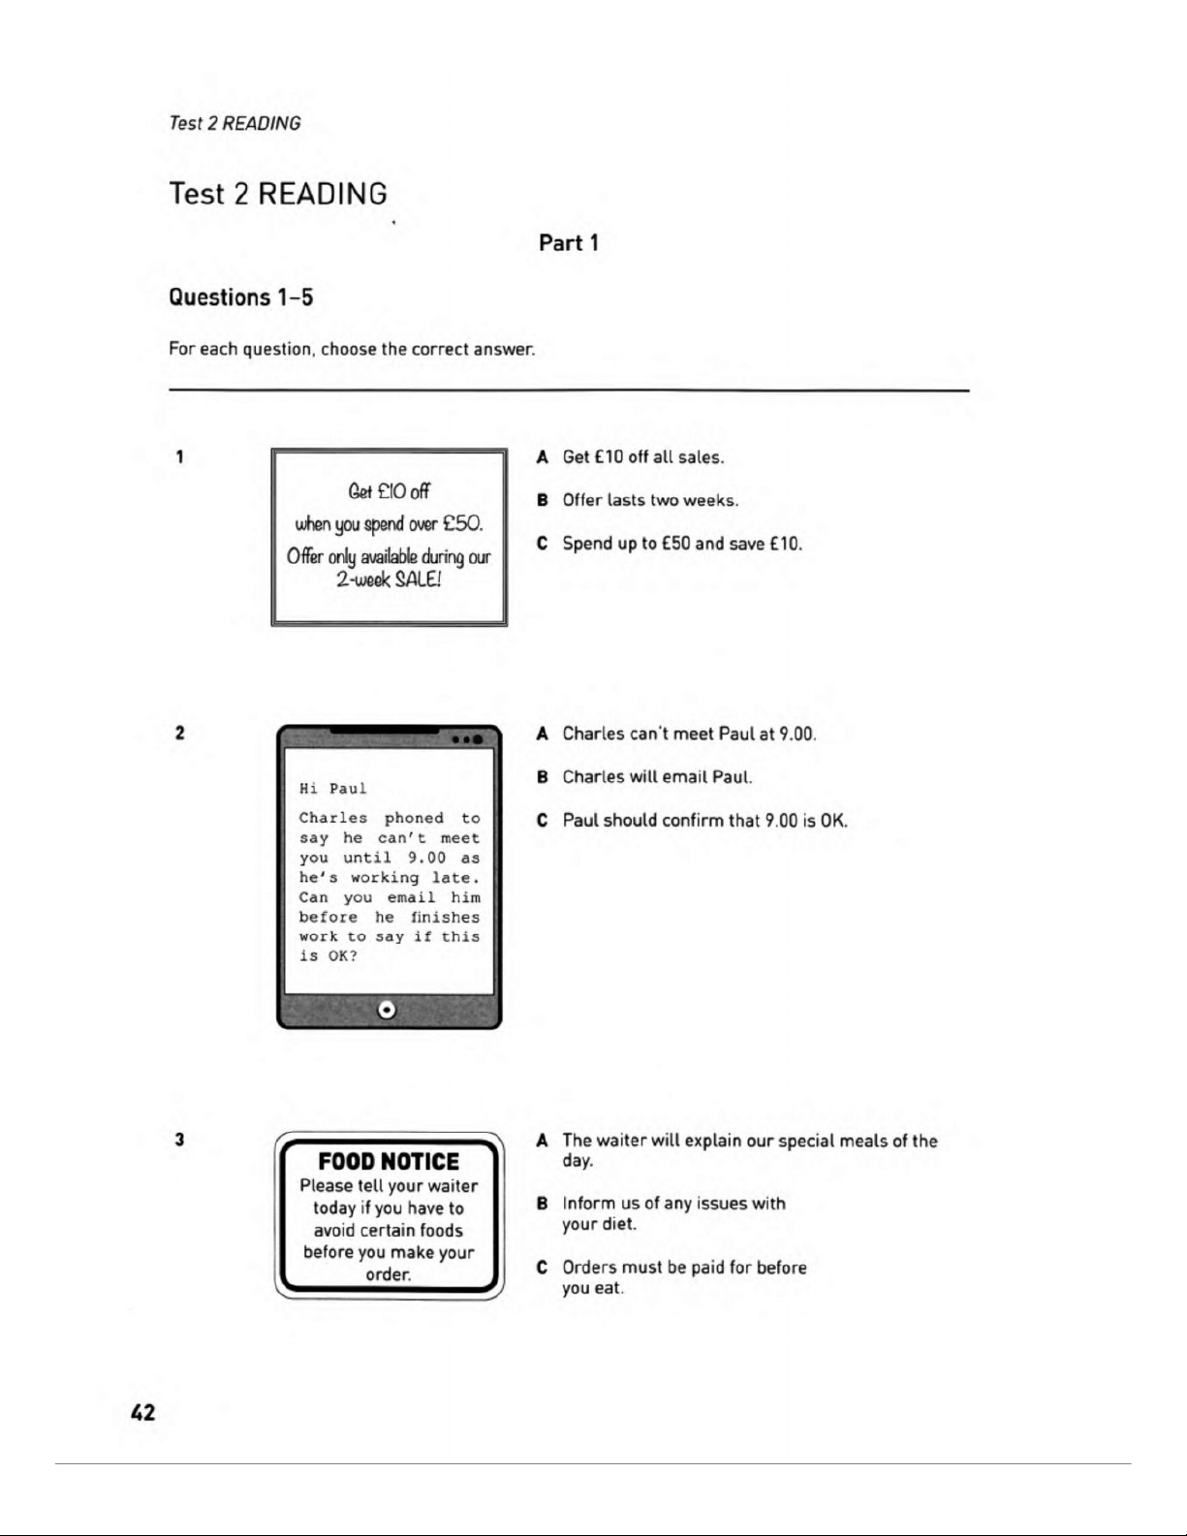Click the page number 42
[x=142, y=1412]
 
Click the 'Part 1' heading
[x=569, y=243]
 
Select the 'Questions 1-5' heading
[x=241, y=297]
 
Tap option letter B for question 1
[x=543, y=501]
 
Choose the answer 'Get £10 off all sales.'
[x=643, y=457]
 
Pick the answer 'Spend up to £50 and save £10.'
[x=682, y=544]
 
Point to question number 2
[x=180, y=733]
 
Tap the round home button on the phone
[x=388, y=1010]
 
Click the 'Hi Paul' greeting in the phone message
[x=333, y=789]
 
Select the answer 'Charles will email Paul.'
[x=657, y=777]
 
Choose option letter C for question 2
[x=543, y=821]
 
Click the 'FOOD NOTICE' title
[x=389, y=1161]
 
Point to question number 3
[x=180, y=1140]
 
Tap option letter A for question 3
[x=543, y=1141]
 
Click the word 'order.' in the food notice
[x=389, y=1274]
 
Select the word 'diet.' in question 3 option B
[x=619, y=1224]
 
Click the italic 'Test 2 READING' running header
[x=234, y=123]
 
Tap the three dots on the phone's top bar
[x=468, y=739]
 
